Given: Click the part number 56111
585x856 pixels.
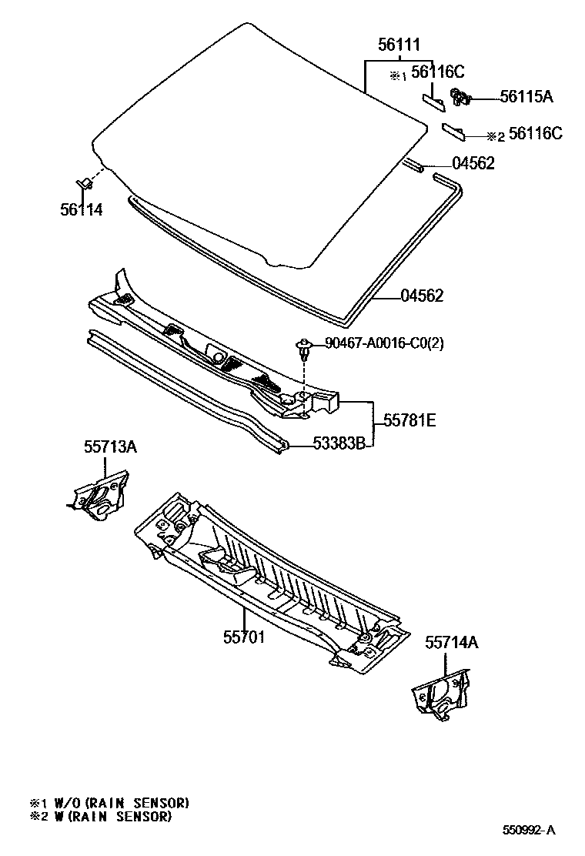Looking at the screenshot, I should pos(399,45).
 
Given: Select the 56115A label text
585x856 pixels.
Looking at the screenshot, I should pos(526,96).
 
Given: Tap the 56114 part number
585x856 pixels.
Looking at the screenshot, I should pos(81,209).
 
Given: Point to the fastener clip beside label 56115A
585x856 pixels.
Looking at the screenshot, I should pos(461,97).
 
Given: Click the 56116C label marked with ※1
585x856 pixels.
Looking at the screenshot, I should pos(437,72).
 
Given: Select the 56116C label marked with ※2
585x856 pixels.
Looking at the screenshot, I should pos(535,134).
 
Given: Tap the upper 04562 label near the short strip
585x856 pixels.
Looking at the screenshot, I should pos(473,163).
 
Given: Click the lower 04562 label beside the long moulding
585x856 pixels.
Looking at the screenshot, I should pos(422,296).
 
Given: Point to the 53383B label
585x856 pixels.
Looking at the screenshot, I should pos(338,443).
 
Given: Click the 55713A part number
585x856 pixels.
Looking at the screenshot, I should pos(110,446).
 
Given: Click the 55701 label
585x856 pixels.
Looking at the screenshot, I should pos(244,637).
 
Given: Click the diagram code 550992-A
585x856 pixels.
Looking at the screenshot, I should pos(529,830).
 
